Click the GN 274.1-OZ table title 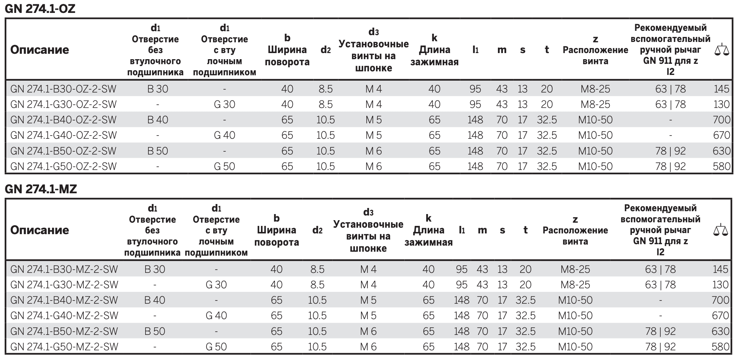coord(40,8)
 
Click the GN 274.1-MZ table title coord(41,189)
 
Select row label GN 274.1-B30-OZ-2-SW coord(63,89)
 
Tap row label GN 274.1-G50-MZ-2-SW coord(64,347)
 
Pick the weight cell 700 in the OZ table coord(721,120)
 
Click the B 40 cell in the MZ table coord(155,300)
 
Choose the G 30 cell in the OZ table coord(224,104)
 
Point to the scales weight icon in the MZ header coord(721,230)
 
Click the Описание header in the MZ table coord(39,230)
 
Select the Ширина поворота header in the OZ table coord(287,56)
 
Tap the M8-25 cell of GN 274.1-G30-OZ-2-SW coord(595,104)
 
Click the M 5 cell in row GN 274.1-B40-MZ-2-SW coord(368,300)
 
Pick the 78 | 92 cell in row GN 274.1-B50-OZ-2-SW coord(670,151)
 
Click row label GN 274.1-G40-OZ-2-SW coord(63,135)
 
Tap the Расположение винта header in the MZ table coord(575,236)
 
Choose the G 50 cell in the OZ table coord(224,166)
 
